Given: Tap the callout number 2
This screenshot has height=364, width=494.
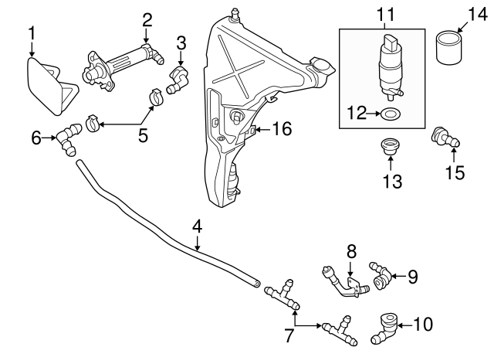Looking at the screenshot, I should coord(146,19).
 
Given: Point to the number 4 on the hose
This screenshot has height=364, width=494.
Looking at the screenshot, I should coord(197,227).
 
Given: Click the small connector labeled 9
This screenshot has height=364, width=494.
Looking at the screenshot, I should coord(381,275).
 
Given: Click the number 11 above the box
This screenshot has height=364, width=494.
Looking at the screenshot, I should coord(384,14).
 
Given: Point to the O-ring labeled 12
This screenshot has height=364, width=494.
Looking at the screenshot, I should coord(391,114).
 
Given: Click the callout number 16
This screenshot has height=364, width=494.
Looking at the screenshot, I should coord(282,129).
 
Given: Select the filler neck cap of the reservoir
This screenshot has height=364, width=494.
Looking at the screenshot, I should coord(320,63).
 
